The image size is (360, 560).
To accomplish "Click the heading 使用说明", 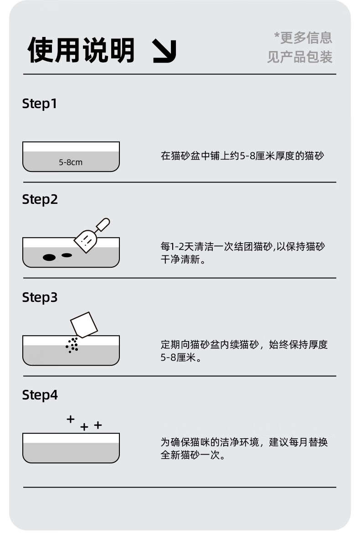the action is [81, 50].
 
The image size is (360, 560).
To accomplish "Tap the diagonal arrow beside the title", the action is [165, 51].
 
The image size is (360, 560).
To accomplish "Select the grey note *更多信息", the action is [303, 38].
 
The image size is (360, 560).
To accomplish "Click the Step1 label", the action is [40, 104].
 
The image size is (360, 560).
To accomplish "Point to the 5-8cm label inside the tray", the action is [71, 162].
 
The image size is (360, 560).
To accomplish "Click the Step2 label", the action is [40, 199].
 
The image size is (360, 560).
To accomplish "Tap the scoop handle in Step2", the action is [103, 224].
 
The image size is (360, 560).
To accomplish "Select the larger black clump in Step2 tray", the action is [49, 257].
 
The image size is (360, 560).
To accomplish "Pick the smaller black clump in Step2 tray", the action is [67, 255].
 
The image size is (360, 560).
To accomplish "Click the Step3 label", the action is [40, 297].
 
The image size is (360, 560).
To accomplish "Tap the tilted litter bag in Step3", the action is [84, 325].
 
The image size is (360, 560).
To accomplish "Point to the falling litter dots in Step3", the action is [72, 345].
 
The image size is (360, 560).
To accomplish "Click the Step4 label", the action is [40, 395].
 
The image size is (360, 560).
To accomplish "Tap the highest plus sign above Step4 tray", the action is [71, 419].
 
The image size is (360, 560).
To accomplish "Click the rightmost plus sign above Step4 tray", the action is [98, 425].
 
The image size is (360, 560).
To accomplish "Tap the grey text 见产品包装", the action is [300, 57].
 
